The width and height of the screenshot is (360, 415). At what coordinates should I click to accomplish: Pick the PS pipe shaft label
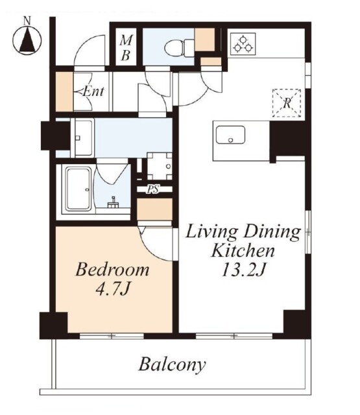153,189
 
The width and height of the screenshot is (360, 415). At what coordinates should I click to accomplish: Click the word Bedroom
112,269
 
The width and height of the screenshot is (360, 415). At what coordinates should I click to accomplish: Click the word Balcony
172,364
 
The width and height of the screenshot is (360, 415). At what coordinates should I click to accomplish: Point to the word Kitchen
243,250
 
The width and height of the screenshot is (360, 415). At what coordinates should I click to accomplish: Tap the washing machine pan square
159,165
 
